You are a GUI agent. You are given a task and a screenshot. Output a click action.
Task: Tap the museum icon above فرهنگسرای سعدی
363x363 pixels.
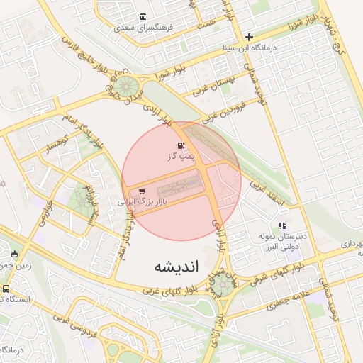(x=143, y=17)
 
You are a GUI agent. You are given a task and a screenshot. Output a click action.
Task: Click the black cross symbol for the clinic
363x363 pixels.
(x=249, y=37)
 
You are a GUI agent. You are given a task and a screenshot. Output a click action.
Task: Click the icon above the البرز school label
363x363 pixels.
(x=282, y=225)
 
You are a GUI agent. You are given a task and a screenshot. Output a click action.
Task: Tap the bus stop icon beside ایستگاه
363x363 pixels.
(x=6, y=289)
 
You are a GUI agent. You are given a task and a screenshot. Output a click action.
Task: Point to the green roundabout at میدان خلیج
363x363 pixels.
(x=128, y=88)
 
